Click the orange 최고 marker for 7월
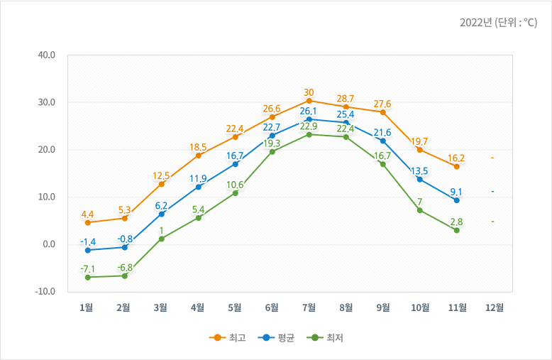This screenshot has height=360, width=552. (x=309, y=101)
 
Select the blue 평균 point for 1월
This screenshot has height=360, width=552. (x=87, y=250)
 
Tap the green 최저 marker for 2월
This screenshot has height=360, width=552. (x=125, y=276)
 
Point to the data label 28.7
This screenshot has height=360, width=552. (x=346, y=97)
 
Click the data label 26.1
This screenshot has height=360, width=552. (x=309, y=111)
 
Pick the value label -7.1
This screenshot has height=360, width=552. (x=87, y=268)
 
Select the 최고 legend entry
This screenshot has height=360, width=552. (x=227, y=337)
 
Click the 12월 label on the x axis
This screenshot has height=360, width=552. (x=494, y=307)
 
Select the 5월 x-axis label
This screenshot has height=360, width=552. (x=235, y=307)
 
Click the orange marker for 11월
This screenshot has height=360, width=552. (x=457, y=166)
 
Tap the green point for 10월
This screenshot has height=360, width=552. (x=420, y=210)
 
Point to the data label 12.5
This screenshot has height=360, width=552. (x=161, y=175)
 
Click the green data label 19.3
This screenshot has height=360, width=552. (x=272, y=143)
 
